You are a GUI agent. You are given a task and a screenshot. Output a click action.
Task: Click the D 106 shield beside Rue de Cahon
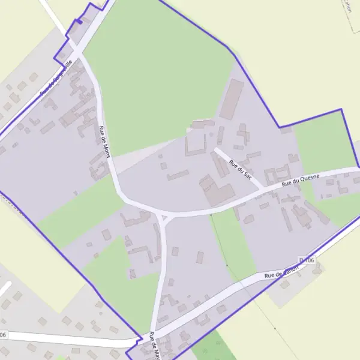tap(306, 260)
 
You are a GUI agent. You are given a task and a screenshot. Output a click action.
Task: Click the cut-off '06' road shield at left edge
tap(3, 334)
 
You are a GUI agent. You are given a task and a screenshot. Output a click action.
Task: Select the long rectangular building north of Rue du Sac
tap(231, 99)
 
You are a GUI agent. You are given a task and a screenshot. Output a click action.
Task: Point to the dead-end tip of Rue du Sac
tap(215, 149)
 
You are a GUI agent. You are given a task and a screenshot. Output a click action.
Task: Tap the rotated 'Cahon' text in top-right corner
tap(348, 7)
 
